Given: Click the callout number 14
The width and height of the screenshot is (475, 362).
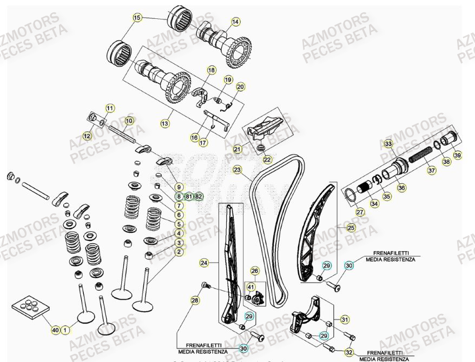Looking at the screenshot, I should click(235, 22).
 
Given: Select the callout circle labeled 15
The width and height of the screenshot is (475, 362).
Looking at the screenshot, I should click(137, 18).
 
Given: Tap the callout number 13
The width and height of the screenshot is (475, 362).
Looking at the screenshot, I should click(164, 123).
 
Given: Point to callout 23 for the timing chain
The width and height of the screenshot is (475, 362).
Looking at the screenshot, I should click(237, 170).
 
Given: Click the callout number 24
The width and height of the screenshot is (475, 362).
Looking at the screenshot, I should click(203, 263).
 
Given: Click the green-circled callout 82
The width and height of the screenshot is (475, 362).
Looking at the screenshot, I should click(199, 196).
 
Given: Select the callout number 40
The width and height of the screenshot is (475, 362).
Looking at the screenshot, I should click(55, 330).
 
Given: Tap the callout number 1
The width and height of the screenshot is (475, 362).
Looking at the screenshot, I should click(65, 330).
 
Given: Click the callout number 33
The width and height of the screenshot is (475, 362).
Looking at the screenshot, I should click(388, 144).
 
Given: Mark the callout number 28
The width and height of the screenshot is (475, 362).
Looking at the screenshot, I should click(195, 300).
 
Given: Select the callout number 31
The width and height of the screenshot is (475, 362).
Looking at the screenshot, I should click(345, 319).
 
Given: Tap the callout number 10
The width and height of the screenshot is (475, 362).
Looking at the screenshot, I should click(129, 120).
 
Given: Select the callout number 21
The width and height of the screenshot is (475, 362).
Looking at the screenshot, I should click(237, 149).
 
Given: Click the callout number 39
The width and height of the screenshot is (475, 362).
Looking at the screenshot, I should click(458, 155).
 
